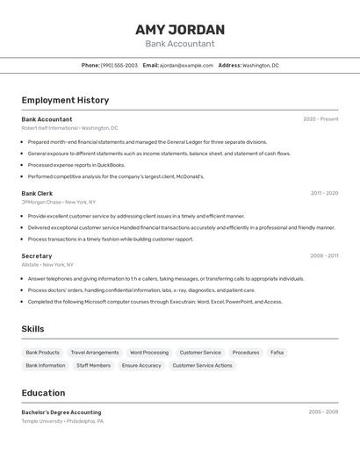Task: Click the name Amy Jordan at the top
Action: click(x=179, y=29)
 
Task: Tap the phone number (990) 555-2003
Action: click(x=119, y=65)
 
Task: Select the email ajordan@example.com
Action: click(x=186, y=65)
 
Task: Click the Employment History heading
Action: click(x=65, y=100)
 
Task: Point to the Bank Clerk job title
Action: click(x=37, y=193)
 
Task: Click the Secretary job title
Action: click(x=37, y=256)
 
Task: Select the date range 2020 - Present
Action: click(x=320, y=119)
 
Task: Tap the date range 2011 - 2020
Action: click(x=324, y=193)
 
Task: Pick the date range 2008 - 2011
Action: click(x=324, y=256)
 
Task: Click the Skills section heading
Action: click(x=32, y=329)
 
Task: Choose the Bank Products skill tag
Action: click(x=42, y=353)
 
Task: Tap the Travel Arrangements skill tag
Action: click(x=95, y=353)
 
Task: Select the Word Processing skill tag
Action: click(x=149, y=353)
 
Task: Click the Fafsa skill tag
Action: click(x=277, y=353)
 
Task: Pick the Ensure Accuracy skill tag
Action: click(x=141, y=365)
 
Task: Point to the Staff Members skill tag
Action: click(x=93, y=365)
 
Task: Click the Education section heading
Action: click(x=43, y=393)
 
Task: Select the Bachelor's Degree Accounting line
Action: click(x=61, y=412)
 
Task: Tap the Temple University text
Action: click(x=42, y=421)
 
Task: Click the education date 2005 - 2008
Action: click(x=323, y=411)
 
